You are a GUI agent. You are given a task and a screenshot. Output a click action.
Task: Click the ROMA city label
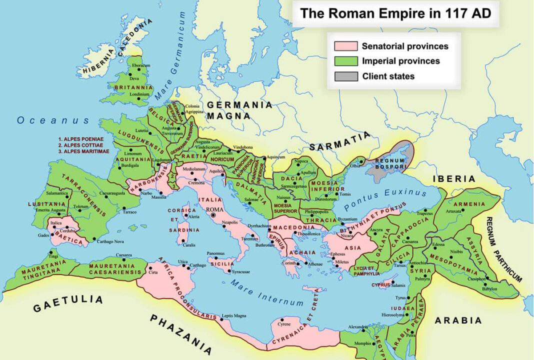click(213, 209)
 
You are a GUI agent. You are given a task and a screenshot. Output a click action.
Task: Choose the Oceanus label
click(53, 120)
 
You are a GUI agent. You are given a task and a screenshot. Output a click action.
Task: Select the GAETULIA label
click(68, 303)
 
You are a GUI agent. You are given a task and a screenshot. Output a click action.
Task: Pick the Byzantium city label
click(348, 219)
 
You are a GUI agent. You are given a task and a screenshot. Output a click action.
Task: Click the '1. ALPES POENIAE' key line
click(82, 138)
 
